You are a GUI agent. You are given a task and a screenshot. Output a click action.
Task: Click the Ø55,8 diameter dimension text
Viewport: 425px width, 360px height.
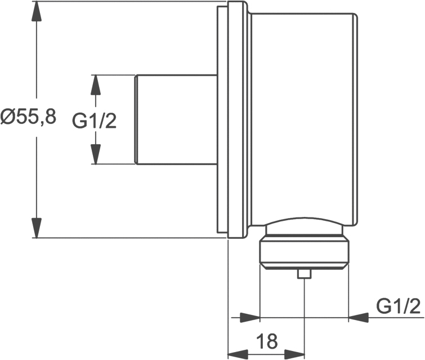pos(28,117)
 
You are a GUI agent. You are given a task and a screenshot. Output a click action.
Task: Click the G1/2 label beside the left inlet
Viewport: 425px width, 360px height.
pos(95,121)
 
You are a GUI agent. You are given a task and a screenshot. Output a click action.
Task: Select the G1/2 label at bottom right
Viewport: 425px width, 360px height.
pos(398,306)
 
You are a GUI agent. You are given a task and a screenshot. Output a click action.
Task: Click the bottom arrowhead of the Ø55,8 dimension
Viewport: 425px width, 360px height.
pos(37,228)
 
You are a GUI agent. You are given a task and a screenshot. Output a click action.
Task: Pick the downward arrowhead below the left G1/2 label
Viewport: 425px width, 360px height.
pos(95,154)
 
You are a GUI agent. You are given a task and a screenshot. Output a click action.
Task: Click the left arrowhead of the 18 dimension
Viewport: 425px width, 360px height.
pos(238,354)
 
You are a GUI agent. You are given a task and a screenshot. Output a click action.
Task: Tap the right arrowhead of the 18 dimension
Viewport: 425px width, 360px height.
pos(294,354)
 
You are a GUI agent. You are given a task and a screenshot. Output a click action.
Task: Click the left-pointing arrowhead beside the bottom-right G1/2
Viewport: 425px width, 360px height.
pos(359,317)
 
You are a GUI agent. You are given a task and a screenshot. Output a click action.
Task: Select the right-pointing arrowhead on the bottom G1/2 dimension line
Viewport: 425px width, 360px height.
pos(250,317)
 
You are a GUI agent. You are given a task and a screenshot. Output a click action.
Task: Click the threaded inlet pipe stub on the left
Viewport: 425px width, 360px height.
pos(176,119)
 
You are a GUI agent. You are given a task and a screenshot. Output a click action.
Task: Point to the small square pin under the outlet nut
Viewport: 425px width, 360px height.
pos(305,274)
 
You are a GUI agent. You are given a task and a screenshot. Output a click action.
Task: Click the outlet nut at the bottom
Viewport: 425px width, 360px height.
pos(305,252)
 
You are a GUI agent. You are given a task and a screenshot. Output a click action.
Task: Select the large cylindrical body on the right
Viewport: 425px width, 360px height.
pos(303,119)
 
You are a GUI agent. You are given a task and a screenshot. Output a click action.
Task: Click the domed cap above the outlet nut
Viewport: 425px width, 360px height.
pos(305,225)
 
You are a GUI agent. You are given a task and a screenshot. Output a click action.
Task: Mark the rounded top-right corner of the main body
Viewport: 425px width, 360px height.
pos(355,15)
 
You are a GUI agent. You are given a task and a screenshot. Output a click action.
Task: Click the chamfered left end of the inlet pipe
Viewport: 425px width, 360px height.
pos(136,119)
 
